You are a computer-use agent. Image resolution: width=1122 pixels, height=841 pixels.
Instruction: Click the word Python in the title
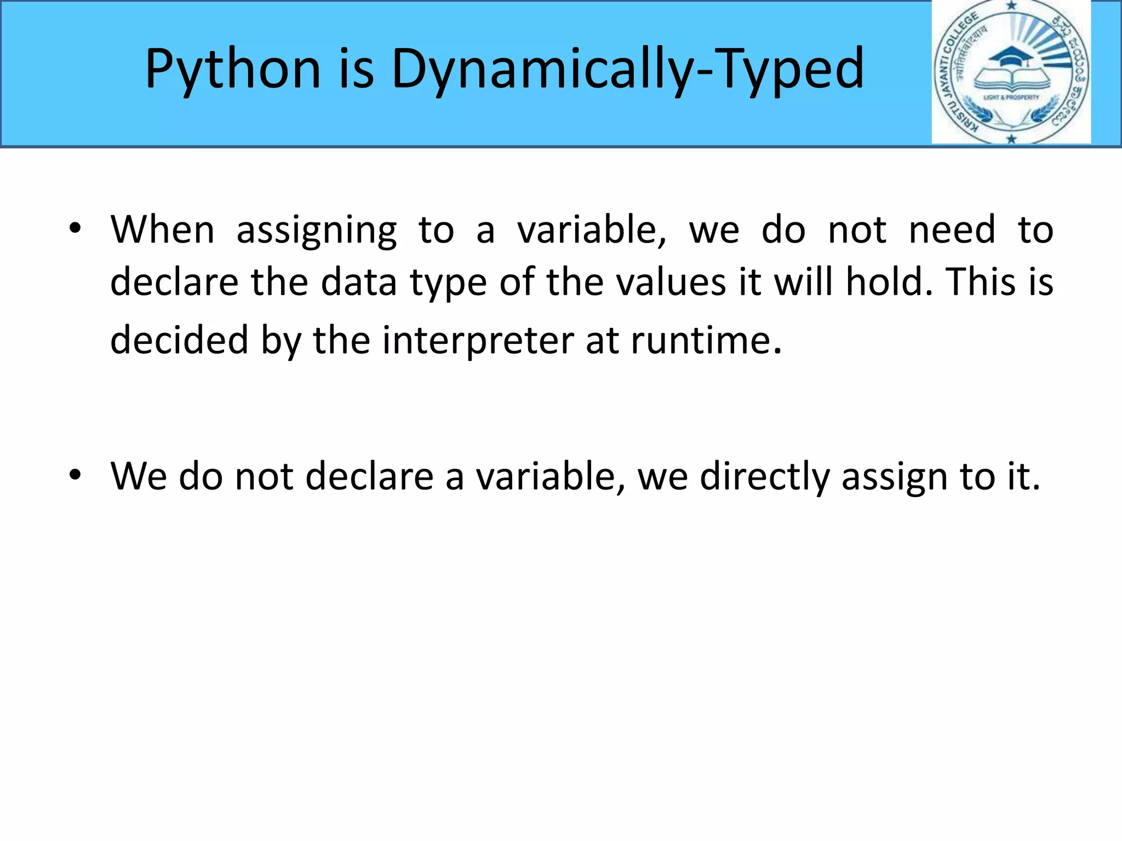tap(233, 70)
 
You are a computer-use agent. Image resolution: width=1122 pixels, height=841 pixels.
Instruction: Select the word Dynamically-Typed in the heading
tap(628, 70)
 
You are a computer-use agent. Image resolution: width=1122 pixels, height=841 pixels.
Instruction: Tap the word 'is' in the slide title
tap(356, 70)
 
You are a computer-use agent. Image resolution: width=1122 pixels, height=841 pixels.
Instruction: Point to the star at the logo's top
tap(1011, 6)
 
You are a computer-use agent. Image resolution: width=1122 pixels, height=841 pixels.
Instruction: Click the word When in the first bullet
tap(162, 229)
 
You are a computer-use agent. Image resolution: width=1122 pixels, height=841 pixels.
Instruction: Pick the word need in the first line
tap(952, 229)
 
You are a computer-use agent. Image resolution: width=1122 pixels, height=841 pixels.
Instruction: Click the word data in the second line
tap(358, 283)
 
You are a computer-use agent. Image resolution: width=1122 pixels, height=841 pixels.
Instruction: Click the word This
tap(981, 283)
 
